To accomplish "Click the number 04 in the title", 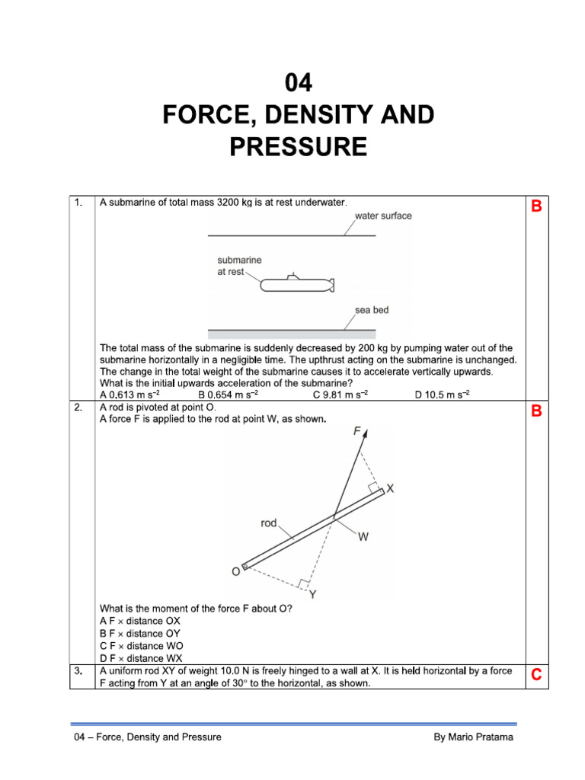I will (299, 82).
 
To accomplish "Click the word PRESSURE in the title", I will (299, 145).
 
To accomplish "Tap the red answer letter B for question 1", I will (536, 206).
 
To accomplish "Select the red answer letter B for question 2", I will (536, 411).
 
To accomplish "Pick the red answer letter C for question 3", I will (536, 675).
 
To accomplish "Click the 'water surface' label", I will (383, 216).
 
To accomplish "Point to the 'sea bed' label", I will (372, 310).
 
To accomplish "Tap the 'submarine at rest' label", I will (238, 266).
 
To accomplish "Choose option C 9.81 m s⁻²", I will (340, 395).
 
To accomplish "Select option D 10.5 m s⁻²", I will (442, 395).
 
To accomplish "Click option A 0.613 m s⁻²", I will (130, 395).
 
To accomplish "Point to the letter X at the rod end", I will (390, 489).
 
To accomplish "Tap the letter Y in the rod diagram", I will (312, 595).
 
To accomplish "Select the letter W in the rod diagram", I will (363, 537).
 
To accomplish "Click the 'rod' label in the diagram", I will (269, 523).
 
